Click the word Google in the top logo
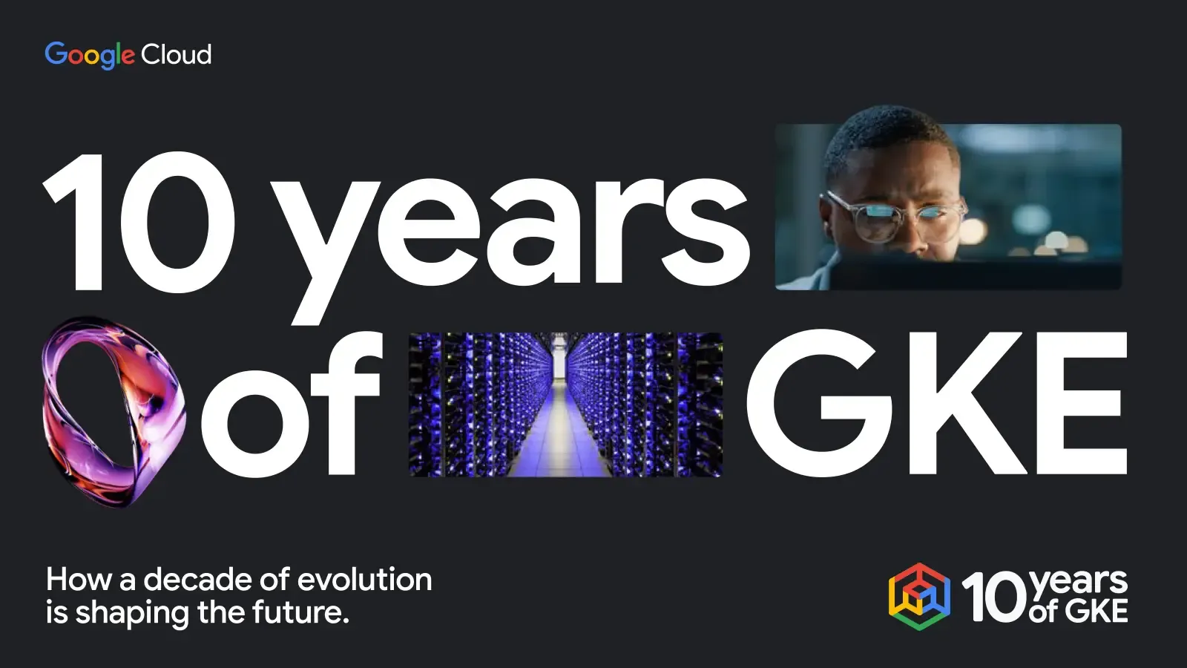coord(89,54)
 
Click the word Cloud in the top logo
coord(177,54)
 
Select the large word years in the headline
coord(512,230)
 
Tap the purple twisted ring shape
coord(111,412)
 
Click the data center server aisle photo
coord(565,405)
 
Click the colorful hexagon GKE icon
coord(919,597)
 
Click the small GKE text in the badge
coord(1096,612)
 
